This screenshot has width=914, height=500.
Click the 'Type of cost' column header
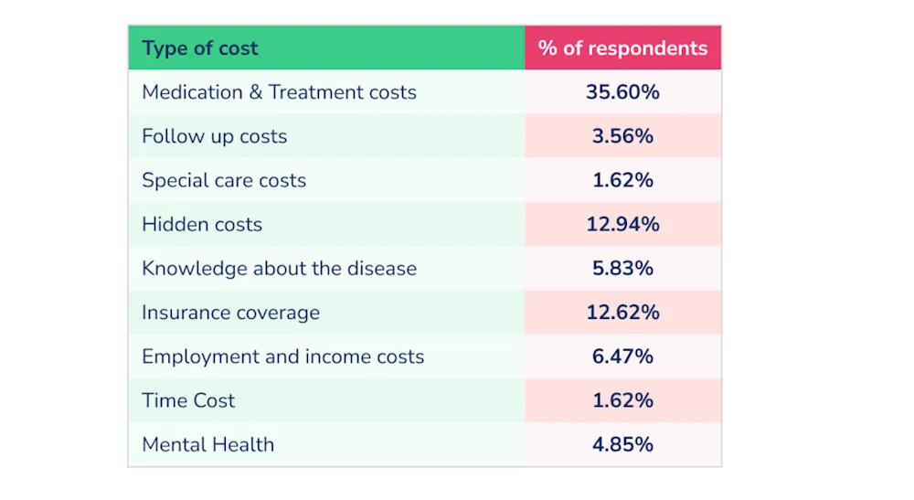click(199, 48)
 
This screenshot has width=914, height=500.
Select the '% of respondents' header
click(622, 48)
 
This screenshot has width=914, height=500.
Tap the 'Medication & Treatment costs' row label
click(279, 92)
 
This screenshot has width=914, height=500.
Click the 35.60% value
click(622, 92)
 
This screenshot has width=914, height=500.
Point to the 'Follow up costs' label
click(215, 136)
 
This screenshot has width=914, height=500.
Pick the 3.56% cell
click(622, 136)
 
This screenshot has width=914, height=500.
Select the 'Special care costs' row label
click(224, 181)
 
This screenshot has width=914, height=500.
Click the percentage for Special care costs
click(622, 180)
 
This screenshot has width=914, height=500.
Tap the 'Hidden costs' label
click(202, 224)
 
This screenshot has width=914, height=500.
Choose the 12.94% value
click(622, 224)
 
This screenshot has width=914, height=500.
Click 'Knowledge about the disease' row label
click(279, 269)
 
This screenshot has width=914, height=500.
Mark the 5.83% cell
click(622, 268)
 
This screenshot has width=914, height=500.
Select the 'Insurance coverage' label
click(231, 313)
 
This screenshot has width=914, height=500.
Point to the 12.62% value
click(622, 313)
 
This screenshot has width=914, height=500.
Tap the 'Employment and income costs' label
click(282, 356)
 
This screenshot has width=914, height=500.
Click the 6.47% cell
click(622, 356)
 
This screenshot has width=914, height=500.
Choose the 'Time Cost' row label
click(188, 400)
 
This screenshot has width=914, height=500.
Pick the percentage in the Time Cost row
click(622, 400)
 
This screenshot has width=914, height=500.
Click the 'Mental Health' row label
click(208, 444)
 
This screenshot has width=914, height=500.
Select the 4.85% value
click(622, 444)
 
